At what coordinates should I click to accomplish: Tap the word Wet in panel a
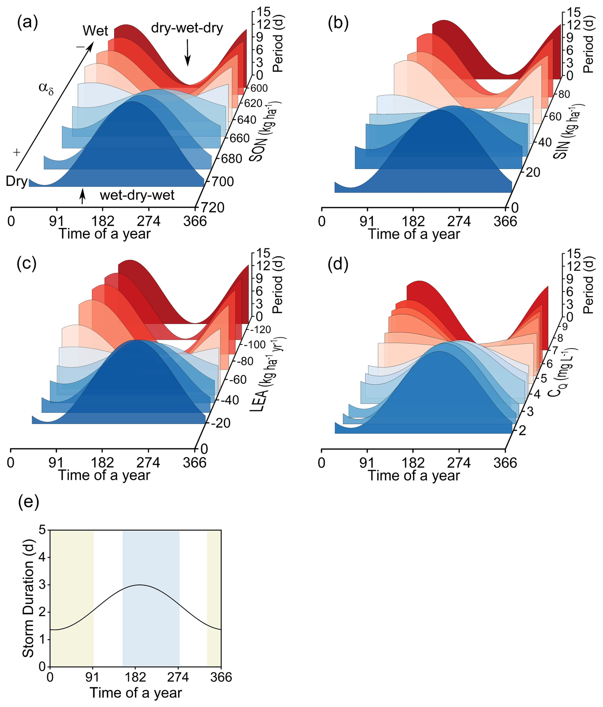point(96,31)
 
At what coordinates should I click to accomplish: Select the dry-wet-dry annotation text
point(187,28)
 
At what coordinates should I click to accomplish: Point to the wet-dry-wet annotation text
point(137,196)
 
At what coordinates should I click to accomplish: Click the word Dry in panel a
point(16,182)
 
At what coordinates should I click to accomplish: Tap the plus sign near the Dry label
point(16,152)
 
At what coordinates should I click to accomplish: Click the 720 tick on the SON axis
point(212,207)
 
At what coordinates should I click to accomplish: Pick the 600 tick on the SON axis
point(259,88)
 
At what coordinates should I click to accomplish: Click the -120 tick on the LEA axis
point(260,330)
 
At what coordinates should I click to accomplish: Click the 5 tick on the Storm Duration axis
point(42,530)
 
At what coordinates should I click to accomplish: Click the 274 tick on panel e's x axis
point(179,677)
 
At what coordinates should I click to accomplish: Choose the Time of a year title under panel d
point(414,475)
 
